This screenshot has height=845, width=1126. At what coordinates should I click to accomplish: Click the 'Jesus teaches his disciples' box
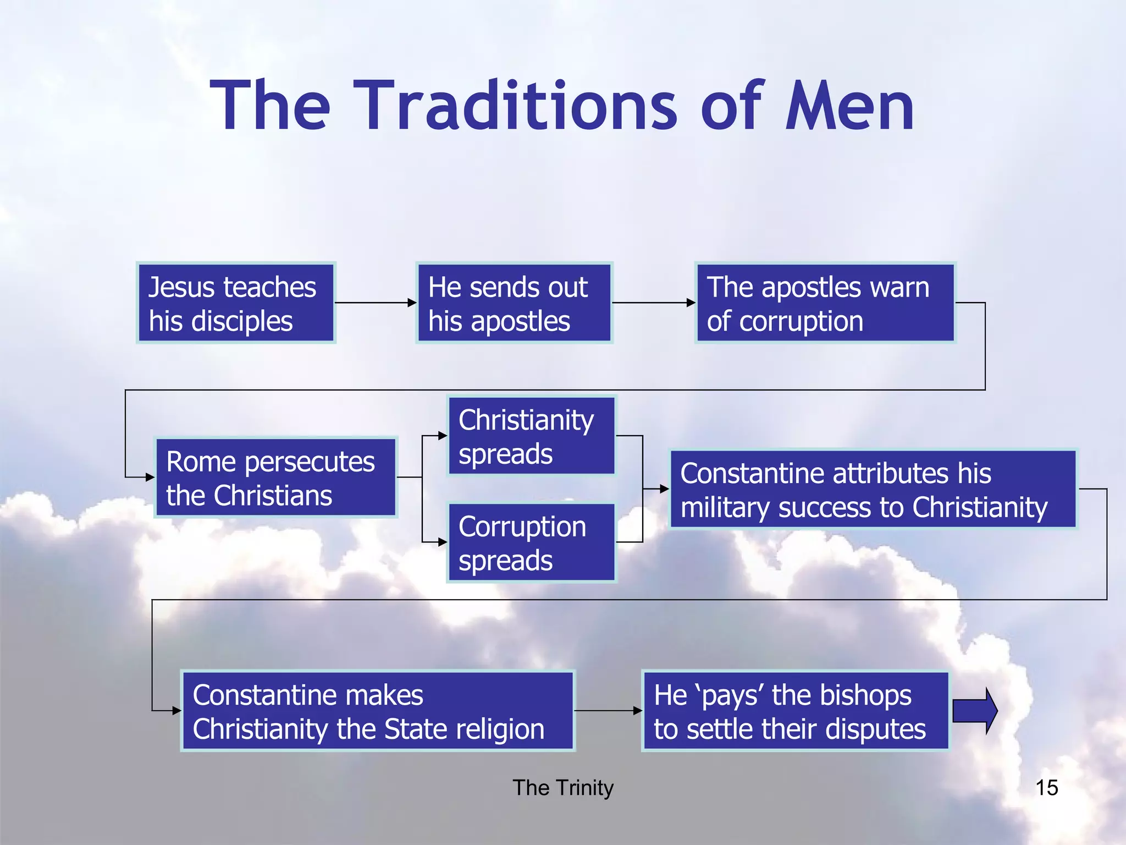(236, 303)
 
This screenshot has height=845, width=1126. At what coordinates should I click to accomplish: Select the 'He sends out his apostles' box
(514, 303)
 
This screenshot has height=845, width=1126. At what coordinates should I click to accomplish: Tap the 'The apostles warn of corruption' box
(825, 303)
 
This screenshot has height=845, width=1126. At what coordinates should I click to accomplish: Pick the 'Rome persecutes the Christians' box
(276, 478)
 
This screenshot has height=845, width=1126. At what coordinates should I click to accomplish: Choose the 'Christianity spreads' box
(531, 436)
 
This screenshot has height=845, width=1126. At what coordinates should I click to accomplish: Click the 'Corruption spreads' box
(531, 542)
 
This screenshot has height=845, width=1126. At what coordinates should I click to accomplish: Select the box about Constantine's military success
(873, 489)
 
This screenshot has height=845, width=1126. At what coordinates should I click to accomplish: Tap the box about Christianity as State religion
(378, 711)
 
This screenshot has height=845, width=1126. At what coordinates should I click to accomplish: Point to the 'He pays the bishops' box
(796, 711)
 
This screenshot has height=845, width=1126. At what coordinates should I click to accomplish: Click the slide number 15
(1046, 788)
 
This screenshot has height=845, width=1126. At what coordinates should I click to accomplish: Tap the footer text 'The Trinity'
(563, 788)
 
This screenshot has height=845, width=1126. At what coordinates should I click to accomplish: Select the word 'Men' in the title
(850, 106)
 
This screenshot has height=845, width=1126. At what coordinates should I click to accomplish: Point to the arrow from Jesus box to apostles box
(376, 303)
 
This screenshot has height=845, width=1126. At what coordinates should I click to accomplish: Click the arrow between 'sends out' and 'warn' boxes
(654, 303)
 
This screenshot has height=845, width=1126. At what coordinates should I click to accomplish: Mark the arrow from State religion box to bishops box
(608, 711)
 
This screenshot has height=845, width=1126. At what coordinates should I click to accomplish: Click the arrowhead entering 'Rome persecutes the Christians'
(150, 478)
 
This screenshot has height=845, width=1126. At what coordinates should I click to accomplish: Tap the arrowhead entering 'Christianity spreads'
(443, 436)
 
